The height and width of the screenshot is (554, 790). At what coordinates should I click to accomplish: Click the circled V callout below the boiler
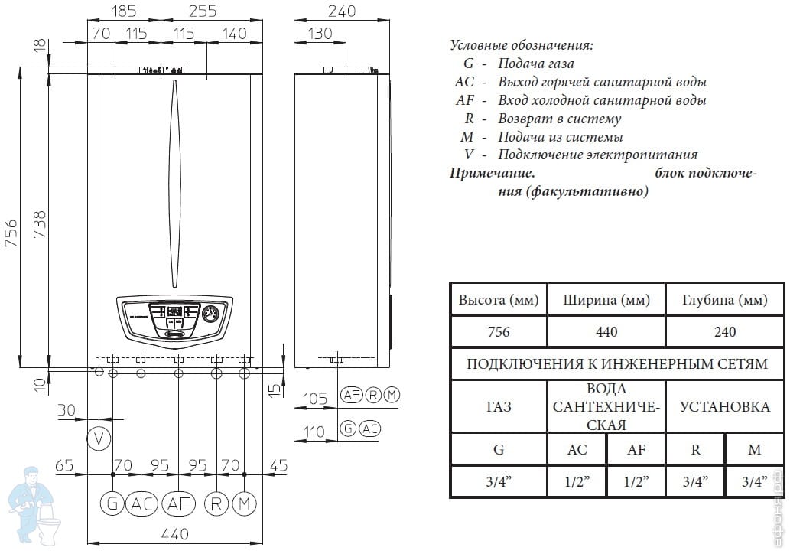[98, 438]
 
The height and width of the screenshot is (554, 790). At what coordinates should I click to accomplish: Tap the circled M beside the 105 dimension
[392, 396]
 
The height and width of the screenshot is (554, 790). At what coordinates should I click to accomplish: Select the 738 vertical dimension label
[39, 225]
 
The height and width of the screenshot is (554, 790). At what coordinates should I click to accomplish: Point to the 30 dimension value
[67, 410]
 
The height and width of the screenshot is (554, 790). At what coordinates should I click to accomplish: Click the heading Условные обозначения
[522, 45]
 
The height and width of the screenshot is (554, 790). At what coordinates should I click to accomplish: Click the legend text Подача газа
[535, 64]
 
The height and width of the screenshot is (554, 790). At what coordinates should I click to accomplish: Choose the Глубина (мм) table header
[724, 300]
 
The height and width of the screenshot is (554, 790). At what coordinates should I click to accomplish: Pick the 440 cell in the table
[606, 331]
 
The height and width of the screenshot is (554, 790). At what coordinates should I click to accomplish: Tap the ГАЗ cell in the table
[498, 407]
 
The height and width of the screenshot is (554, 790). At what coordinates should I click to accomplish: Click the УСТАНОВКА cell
[724, 407]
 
